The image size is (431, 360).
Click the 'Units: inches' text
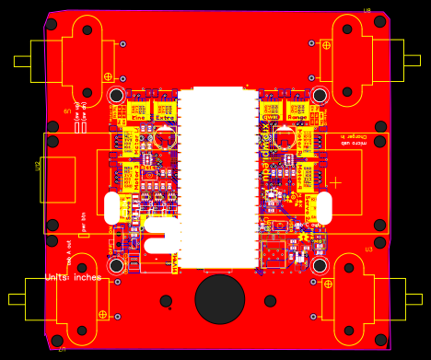coord(74,277)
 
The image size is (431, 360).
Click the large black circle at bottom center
coord(220,298)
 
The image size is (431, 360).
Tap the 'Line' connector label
coord(138,117)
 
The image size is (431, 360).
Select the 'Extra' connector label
coord(164,117)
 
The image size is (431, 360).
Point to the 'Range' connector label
coord(297,117)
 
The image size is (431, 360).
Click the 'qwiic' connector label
coord(271,117)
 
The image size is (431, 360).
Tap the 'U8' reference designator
coord(367,11)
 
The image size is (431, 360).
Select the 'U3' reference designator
coord(368,250)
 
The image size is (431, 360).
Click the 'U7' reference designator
coord(62,349)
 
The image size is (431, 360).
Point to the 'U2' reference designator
coord(38,166)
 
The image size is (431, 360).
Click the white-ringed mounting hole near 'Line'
coord(116,95)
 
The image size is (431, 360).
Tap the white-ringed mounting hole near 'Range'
coord(320,95)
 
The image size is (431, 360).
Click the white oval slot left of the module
coord(112,207)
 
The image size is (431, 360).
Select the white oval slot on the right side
coord(323,206)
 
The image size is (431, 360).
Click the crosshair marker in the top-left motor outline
coord(108,76)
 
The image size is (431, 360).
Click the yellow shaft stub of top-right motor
coord(412,61)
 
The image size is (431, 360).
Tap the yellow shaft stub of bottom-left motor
coord(17,299)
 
